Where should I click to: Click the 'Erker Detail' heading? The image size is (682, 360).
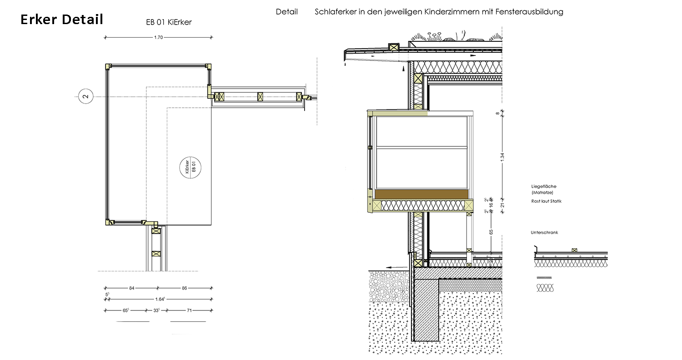62,20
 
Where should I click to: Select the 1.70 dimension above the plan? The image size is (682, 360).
158,37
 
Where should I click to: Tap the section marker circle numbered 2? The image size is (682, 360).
86,96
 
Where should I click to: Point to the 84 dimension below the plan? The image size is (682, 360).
131,288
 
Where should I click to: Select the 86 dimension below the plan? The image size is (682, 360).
184,288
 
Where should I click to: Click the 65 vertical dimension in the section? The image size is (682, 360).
491,232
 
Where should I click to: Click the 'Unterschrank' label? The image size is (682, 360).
544,233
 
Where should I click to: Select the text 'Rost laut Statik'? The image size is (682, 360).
546,201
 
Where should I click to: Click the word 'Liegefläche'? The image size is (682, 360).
544,186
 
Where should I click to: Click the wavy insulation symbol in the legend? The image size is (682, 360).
546,287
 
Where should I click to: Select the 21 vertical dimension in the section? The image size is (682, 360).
502,205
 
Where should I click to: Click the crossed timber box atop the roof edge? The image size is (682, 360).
394,47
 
